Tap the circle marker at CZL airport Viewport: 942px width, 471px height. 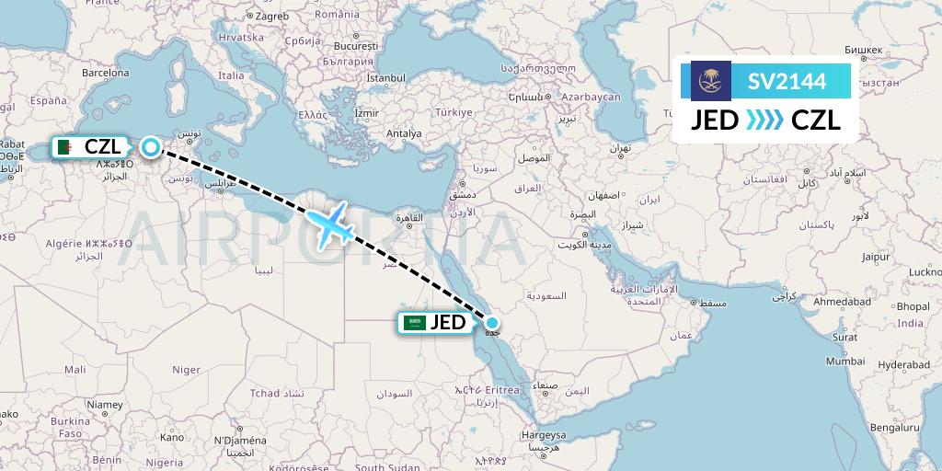tap(149, 146)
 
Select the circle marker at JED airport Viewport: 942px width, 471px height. tap(492, 323)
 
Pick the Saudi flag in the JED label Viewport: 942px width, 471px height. tap(415, 323)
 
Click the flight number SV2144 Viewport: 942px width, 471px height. tap(786, 82)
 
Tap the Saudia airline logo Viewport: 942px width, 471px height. tap(710, 81)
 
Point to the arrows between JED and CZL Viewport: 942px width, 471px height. tap(764, 121)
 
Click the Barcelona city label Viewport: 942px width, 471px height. tap(105, 72)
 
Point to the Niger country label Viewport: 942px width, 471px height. tap(187, 370)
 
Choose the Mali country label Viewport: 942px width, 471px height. tap(75, 368)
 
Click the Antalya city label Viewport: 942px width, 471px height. tap(404, 133)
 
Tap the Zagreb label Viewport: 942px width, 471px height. tap(272, 16)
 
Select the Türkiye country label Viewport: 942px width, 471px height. tap(453, 112)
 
